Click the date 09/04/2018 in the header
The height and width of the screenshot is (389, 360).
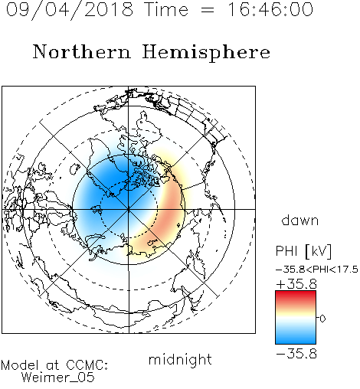(70, 9)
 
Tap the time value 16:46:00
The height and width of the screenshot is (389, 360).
(270, 9)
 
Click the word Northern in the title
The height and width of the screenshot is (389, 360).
(82, 51)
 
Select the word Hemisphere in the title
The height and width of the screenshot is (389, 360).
(206, 52)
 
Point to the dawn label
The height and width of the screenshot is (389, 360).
(300, 220)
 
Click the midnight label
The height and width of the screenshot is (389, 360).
(180, 359)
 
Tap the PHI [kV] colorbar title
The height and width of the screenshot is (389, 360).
(303, 251)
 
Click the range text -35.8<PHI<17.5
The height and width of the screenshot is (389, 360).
(317, 270)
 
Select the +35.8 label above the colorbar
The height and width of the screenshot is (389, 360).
(296, 284)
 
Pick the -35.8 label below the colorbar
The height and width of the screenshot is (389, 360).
(296, 354)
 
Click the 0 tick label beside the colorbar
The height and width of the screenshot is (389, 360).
(322, 319)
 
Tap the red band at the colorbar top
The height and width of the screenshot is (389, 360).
(296, 296)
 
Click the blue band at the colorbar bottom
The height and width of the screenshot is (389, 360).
(296, 338)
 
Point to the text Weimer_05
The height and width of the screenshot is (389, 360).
(58, 378)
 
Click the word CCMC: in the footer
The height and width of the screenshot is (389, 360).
(87, 365)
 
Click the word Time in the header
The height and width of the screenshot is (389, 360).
(166, 9)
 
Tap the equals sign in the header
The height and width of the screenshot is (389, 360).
(208, 11)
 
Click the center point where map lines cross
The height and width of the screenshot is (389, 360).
(129, 209)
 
